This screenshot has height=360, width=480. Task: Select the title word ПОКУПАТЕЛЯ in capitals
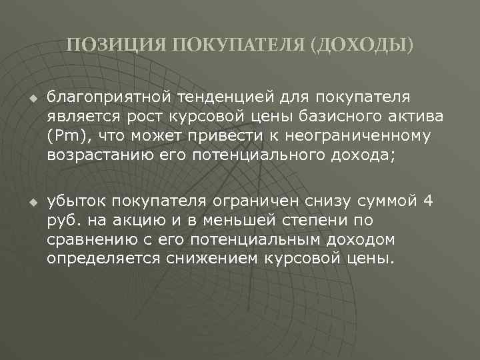239,45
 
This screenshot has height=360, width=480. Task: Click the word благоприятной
108,98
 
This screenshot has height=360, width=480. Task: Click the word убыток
76,201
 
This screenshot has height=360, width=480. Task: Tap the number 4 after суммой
429,201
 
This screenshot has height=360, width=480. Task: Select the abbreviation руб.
61,220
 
